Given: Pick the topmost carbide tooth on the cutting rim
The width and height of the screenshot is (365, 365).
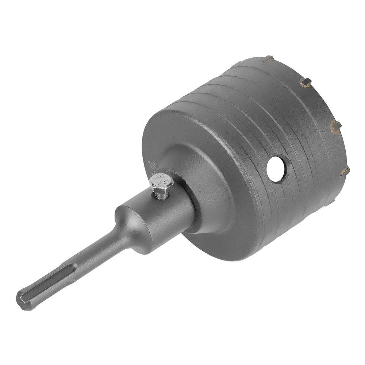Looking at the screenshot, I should (x=268, y=58).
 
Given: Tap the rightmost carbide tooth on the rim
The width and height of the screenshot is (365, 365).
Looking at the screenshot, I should (x=345, y=172).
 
